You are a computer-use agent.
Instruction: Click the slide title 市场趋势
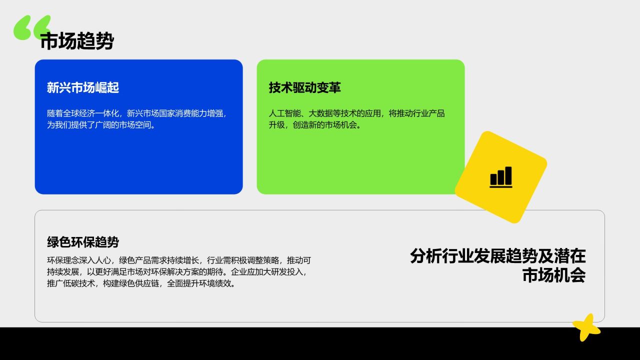point(76,41)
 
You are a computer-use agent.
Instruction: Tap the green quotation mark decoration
point(32,27)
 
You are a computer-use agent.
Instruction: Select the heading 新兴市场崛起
point(83,88)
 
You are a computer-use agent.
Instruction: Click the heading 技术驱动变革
point(305,88)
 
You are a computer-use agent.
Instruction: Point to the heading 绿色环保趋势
point(83,242)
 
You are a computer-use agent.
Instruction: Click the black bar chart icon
point(500,177)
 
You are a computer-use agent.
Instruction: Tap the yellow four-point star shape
point(586,327)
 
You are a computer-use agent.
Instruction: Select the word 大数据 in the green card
point(321,113)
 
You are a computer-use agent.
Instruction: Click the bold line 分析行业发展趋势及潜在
point(497,256)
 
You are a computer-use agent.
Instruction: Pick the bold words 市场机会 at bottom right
point(553,275)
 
